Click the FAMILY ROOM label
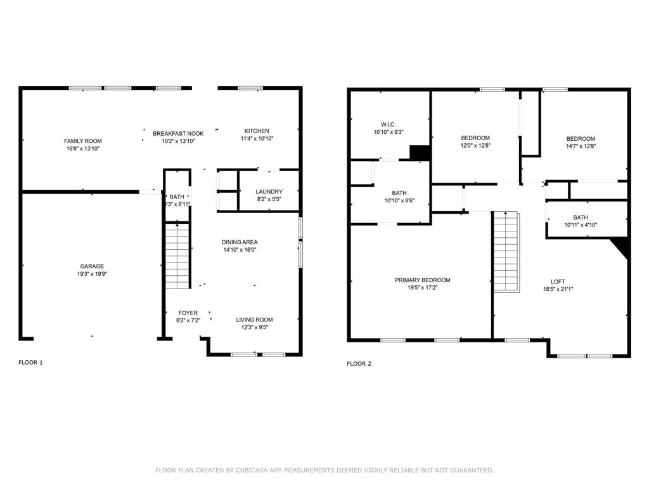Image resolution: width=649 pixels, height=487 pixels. click(x=82, y=141)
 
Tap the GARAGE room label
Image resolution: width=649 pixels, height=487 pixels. click(x=92, y=266)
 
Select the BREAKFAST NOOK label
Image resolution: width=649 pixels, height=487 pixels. click(x=178, y=134)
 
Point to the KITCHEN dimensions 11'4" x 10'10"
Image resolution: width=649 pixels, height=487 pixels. click(x=257, y=139)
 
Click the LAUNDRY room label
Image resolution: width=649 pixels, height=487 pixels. click(x=269, y=192)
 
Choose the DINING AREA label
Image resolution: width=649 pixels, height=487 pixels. click(x=239, y=242)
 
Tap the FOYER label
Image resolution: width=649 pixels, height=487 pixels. click(x=188, y=313)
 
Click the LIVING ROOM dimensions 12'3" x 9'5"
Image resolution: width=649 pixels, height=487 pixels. click(x=254, y=328)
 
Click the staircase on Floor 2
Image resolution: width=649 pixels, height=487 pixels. click(x=506, y=252)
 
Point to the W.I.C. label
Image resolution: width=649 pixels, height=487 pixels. click(x=389, y=125)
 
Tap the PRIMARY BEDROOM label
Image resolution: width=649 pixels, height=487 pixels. click(x=422, y=280)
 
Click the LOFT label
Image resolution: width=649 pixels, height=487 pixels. click(x=558, y=282)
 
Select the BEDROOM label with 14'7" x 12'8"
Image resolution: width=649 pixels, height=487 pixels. click(x=581, y=139)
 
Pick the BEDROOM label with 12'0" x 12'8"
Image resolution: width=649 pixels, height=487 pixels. click(x=475, y=138)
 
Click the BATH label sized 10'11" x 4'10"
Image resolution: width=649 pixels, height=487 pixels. click(x=581, y=218)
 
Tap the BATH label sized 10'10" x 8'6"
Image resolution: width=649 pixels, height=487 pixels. click(x=399, y=193)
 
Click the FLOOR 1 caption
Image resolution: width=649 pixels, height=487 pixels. click(x=30, y=363)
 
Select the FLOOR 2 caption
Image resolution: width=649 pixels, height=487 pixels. click(x=359, y=364)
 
